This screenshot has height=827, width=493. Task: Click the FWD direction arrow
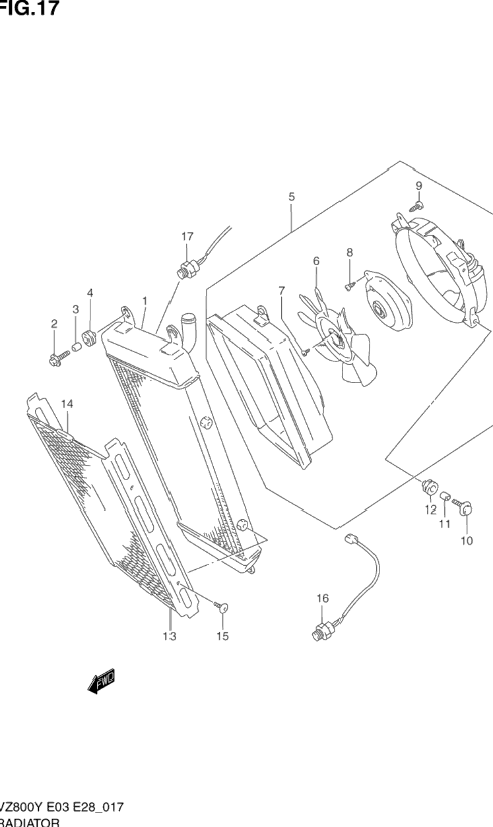(100, 682)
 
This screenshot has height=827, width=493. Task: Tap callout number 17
(187, 236)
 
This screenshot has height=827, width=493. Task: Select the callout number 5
(291, 197)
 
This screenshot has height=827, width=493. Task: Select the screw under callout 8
(350, 286)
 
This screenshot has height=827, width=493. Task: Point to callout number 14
(67, 404)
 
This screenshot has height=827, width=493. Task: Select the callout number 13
(170, 636)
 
